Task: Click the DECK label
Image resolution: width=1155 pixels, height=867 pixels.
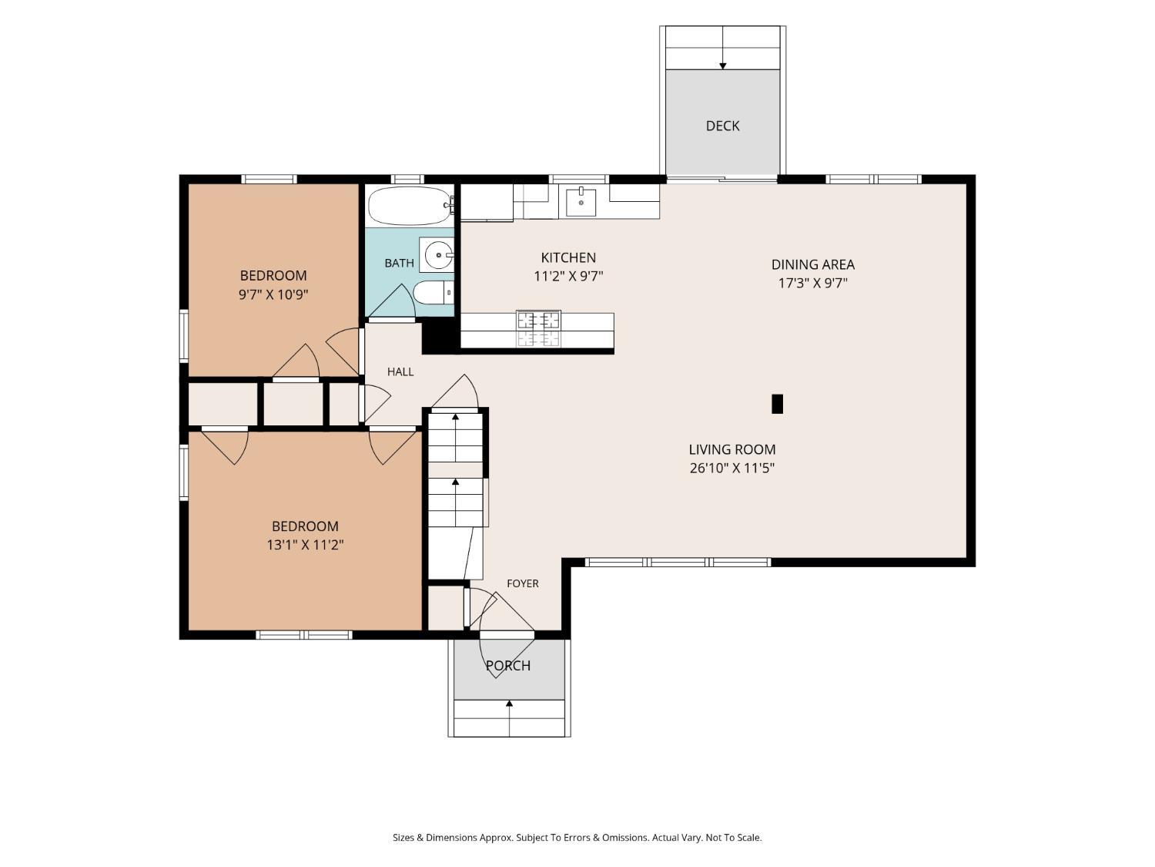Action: [722, 126]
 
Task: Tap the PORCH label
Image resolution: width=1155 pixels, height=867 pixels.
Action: [507, 665]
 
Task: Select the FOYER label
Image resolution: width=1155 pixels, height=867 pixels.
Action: [522, 583]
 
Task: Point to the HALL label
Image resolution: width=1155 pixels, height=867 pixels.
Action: [400, 371]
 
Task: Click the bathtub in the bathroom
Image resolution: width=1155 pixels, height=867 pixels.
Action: [410, 206]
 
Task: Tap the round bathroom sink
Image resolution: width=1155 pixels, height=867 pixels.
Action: [438, 255]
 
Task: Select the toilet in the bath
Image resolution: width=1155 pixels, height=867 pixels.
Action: [433, 293]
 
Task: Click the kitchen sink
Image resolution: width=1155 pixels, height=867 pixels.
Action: [581, 202]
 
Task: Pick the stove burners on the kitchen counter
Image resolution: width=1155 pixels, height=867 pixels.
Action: [538, 329]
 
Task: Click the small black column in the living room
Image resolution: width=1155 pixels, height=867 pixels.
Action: [777, 404]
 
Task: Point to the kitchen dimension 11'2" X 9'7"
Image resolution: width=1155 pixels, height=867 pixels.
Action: [568, 276]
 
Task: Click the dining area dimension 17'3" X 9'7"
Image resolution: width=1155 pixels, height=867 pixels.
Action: [812, 283]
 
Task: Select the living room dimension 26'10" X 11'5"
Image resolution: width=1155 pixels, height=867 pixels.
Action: [732, 468]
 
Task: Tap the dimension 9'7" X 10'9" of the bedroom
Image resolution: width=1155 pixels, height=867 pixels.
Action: [273, 294]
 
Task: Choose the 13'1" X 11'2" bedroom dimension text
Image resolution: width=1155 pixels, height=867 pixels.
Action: [305, 544]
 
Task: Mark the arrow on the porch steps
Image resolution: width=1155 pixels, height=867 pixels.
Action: [509, 718]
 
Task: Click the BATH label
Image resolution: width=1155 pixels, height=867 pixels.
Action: [399, 263]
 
